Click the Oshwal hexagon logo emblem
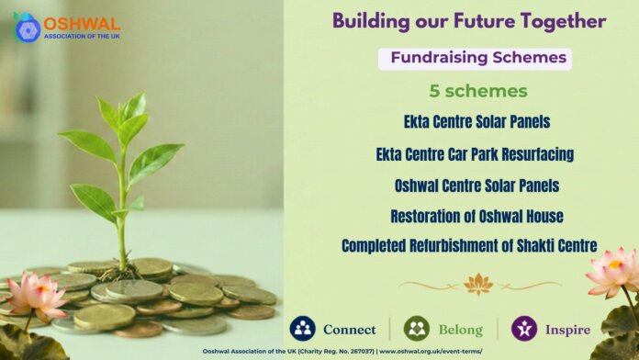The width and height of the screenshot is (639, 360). [28, 28]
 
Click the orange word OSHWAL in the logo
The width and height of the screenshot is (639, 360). [82, 24]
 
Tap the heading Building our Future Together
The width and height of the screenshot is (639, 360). [469, 21]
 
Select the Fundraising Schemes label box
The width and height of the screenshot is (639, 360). [475, 59]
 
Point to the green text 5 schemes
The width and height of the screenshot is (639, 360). [478, 91]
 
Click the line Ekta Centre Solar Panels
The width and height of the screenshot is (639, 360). [476, 121]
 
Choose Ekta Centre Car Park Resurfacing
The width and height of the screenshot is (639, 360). [475, 154]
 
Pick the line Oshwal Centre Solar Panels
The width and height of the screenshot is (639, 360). [476, 186]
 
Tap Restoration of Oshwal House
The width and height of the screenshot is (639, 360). [476, 216]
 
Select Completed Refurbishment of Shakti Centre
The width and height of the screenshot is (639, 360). [469, 246]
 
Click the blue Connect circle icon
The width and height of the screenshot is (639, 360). [302, 329]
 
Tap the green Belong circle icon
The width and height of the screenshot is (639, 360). [417, 329]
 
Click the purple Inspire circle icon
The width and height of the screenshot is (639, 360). [524, 329]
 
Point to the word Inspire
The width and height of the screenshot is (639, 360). [567, 330]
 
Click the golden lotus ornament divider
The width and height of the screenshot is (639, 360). [479, 284]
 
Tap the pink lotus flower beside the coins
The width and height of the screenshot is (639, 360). [36, 296]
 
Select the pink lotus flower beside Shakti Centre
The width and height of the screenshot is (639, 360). [614, 271]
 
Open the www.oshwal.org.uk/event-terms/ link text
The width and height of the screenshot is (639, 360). [431, 352]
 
